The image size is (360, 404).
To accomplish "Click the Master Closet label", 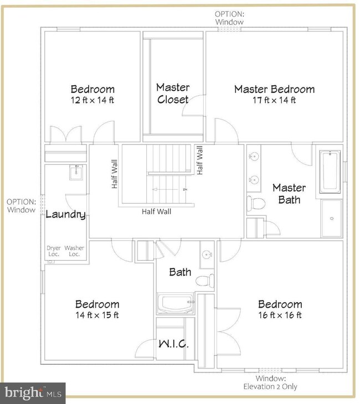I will click(x=173, y=94).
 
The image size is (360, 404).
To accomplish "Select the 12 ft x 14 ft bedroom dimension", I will click(x=92, y=100).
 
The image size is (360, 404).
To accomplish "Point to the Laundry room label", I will click(x=65, y=215).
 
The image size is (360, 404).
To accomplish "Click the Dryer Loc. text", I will click(x=53, y=251).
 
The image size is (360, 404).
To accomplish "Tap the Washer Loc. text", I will click(x=75, y=251).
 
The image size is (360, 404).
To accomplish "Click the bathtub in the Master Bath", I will click(x=330, y=170).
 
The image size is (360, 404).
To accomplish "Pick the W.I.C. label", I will click(x=174, y=344).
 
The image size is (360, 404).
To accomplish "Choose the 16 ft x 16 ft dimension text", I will click(x=280, y=315).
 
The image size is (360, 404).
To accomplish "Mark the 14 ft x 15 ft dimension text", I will click(x=97, y=315).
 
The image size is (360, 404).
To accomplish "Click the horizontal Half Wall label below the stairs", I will click(x=156, y=211).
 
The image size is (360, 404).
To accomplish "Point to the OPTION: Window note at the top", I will click(x=230, y=17).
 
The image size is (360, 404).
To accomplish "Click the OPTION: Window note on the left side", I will click(x=22, y=206).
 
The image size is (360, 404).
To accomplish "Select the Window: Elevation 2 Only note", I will click(x=271, y=382).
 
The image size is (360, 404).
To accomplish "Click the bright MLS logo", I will click(x=33, y=393).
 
